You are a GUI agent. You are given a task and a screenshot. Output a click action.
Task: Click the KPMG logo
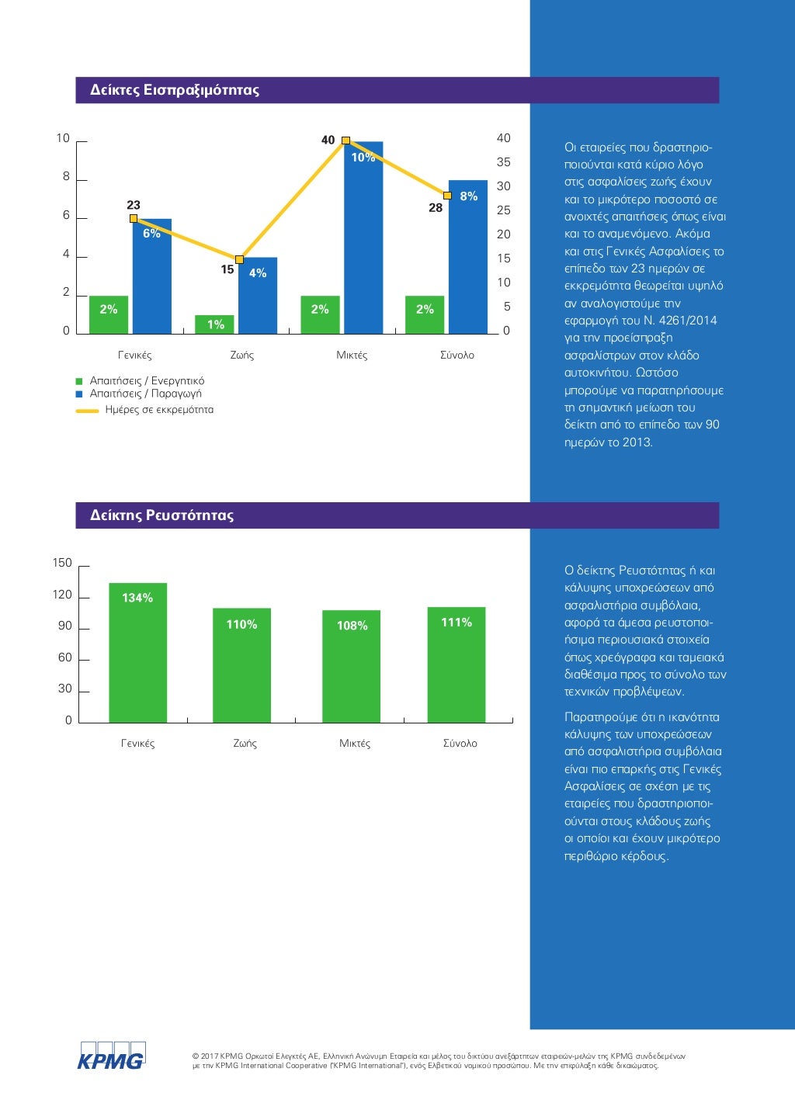point(111,1056)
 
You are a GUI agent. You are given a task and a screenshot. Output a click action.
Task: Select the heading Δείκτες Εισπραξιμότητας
point(175,90)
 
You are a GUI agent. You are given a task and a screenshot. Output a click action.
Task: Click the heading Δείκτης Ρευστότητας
point(161,515)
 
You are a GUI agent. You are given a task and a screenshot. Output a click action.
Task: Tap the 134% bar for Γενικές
point(137,652)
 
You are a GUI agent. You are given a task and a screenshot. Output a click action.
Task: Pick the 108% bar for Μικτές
point(352,666)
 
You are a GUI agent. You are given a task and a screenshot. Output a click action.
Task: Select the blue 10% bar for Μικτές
point(363,238)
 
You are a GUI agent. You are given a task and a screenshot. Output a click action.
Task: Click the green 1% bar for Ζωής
point(214,324)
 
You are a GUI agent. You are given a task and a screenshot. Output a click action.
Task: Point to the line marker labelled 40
point(346,140)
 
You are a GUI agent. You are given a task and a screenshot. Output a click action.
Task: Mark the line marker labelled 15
point(239,259)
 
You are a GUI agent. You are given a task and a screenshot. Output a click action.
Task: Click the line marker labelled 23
point(134,218)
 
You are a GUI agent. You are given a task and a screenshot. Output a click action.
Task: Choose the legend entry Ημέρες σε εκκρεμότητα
point(158,410)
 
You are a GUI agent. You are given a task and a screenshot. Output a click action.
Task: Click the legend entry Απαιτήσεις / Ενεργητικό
point(147,381)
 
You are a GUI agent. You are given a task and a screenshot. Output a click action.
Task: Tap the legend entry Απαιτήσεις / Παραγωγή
point(145,394)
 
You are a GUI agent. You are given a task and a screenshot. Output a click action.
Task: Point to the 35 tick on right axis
point(504,162)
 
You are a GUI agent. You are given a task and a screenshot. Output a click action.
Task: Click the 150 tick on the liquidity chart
point(62,563)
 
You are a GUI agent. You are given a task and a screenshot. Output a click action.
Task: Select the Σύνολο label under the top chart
point(457,356)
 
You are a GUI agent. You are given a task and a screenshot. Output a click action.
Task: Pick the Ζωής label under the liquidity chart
point(245,744)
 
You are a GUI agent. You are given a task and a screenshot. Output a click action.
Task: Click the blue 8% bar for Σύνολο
point(468,257)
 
